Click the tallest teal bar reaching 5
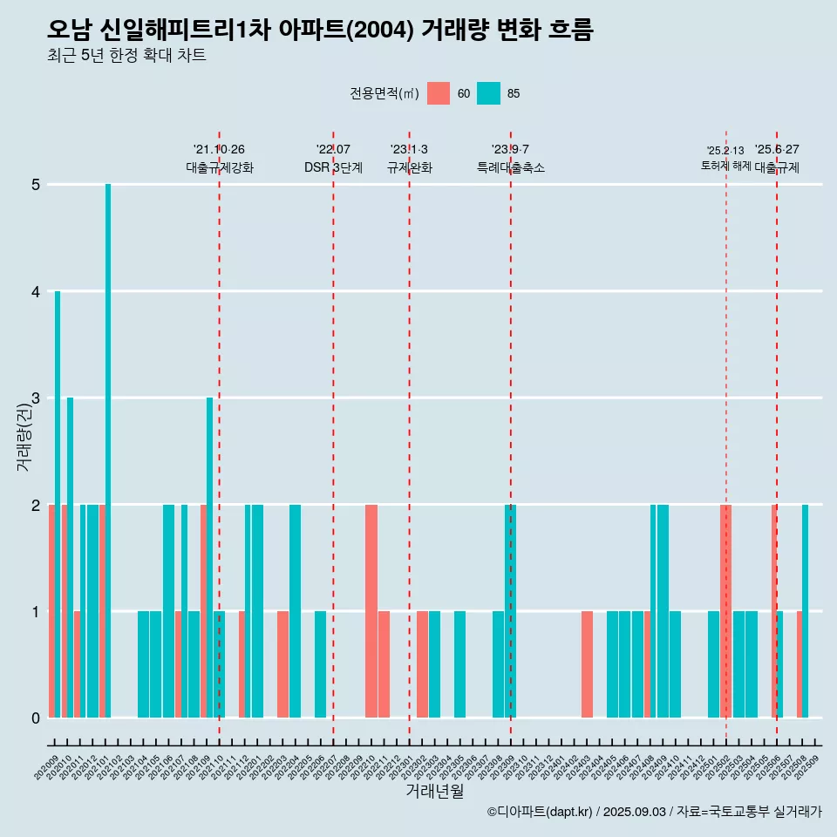[x=108, y=450]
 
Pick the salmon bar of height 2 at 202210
[x=371, y=610]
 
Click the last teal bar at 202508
[x=805, y=610]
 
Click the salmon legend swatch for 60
[x=439, y=93]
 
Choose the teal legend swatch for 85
[x=488, y=93]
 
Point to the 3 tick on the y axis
[x=36, y=398]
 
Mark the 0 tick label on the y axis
[x=36, y=718]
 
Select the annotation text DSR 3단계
[x=333, y=167]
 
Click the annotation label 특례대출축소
[x=511, y=167]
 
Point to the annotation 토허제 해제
[x=725, y=166]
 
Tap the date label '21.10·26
[x=219, y=150]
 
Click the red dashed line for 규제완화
[x=410, y=436]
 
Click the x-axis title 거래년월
[x=434, y=791]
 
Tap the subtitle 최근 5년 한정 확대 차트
[x=126, y=56]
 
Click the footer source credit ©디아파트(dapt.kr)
[x=541, y=812]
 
